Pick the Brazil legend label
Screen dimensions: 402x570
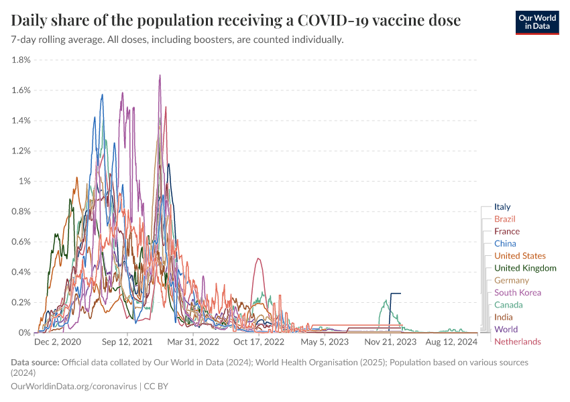tap(504, 219)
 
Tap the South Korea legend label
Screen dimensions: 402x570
tap(517, 293)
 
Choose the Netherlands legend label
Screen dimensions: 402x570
tap(517, 342)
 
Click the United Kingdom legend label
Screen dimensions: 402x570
tap(525, 268)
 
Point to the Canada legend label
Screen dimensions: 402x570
tap(508, 305)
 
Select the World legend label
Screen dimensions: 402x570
tap(506, 330)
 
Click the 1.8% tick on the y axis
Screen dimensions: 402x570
tap(21, 60)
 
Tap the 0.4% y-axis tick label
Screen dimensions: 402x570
tap(21, 272)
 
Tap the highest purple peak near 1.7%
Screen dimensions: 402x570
tap(160, 76)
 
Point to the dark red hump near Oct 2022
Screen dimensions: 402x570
tap(258, 260)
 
